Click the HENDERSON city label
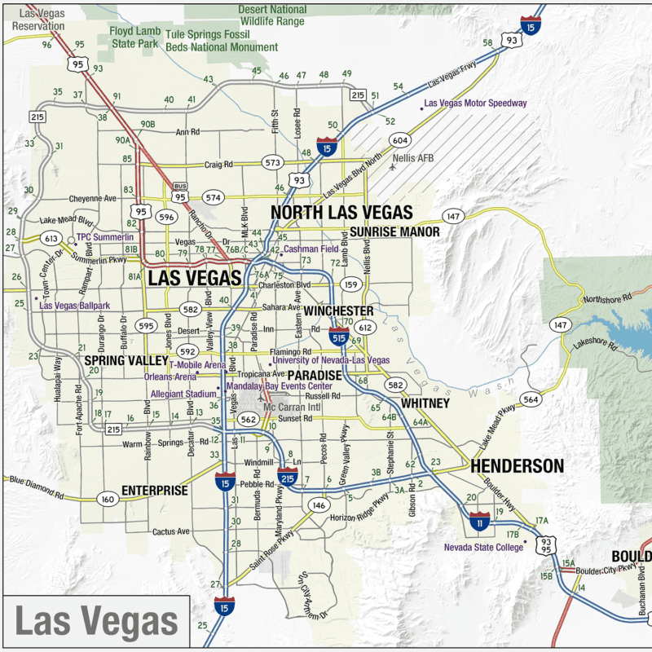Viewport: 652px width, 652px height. click(x=516, y=466)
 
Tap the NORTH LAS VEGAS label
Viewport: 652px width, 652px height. click(x=341, y=213)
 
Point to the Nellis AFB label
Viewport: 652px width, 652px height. click(x=414, y=157)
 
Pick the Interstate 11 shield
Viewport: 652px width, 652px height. click(x=480, y=521)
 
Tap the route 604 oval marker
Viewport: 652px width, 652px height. click(x=399, y=139)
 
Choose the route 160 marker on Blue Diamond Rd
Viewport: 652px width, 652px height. click(x=107, y=499)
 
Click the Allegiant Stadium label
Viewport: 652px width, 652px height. click(x=183, y=394)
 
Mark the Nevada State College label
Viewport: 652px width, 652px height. click(x=483, y=548)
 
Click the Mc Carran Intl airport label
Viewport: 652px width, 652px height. click(x=293, y=407)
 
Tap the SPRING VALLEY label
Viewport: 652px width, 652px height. click(x=126, y=359)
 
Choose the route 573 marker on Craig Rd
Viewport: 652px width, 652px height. click(x=272, y=163)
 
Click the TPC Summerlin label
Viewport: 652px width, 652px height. click(x=105, y=239)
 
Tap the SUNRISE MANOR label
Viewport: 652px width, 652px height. click(x=394, y=232)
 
